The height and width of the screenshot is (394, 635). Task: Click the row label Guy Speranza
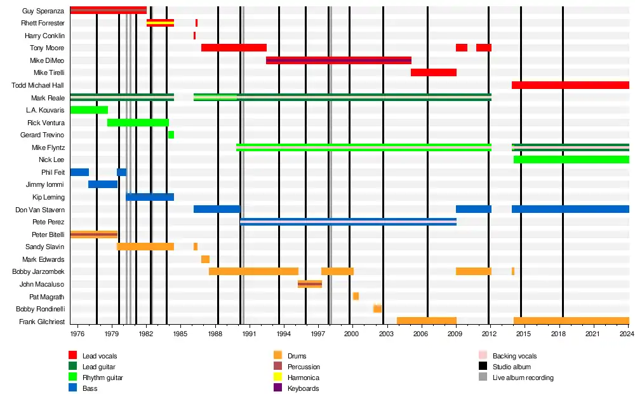tap(43, 11)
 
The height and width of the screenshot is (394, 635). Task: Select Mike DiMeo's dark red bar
tap(338, 60)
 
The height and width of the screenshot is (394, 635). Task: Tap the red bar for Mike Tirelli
tap(433, 72)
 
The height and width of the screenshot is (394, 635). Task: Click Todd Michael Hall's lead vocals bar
tap(570, 85)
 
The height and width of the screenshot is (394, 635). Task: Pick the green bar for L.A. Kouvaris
tap(88, 110)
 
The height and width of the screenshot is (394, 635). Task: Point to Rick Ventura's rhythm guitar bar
tap(138, 123)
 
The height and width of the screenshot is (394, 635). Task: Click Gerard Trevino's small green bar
tap(171, 135)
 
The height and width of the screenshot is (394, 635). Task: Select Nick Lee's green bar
tap(571, 160)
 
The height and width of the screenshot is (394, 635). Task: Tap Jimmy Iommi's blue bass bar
tap(102, 184)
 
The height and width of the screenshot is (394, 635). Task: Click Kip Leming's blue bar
tap(150, 197)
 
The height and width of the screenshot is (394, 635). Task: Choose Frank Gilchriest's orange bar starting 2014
tap(571, 321)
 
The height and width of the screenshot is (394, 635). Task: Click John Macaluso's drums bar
tap(310, 284)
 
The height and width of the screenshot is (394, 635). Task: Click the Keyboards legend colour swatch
tap(277, 388)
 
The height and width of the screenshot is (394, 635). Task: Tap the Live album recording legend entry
tap(523, 377)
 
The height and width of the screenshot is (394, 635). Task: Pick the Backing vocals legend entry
tap(514, 356)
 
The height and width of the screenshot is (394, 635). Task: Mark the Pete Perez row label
tap(48, 222)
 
